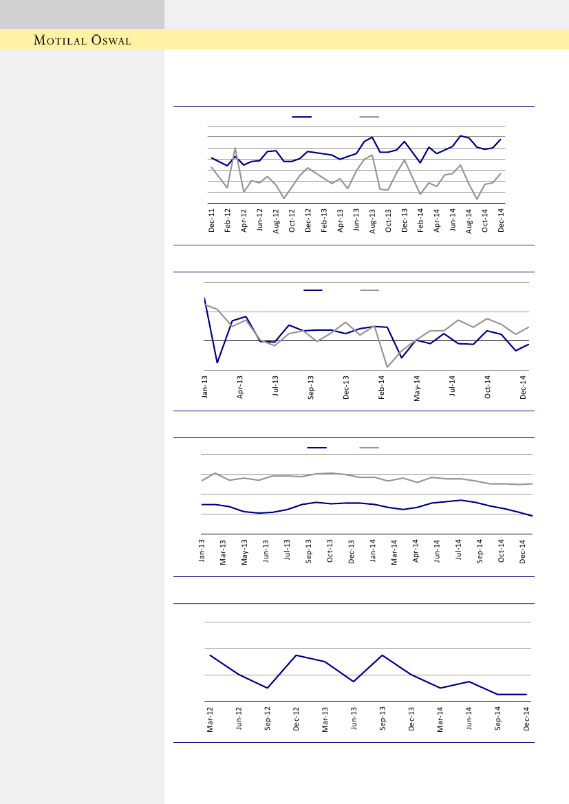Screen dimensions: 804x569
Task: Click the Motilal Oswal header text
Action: (x=83, y=40)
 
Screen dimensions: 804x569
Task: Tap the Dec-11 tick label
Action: (x=212, y=221)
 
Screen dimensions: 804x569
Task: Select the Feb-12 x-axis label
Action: (x=228, y=221)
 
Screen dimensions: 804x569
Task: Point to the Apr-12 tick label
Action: (x=244, y=221)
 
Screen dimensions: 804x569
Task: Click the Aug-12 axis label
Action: (x=276, y=221)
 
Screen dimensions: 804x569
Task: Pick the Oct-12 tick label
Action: (x=292, y=221)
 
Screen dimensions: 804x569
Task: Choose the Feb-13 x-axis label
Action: (x=325, y=221)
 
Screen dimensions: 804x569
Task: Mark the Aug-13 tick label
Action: (x=373, y=221)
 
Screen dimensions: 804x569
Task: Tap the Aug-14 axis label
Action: (x=469, y=221)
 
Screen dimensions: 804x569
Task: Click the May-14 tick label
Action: (x=417, y=387)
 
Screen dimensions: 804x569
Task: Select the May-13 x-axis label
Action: (x=244, y=553)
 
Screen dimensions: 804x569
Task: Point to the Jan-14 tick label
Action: (x=373, y=553)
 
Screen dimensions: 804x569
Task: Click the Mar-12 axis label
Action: (x=211, y=719)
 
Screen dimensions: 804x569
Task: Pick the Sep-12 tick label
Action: (x=268, y=719)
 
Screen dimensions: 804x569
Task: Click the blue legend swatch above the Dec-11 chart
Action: (x=302, y=118)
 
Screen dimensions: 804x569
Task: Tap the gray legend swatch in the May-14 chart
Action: (x=370, y=290)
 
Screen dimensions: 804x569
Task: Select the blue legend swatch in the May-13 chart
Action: (x=316, y=448)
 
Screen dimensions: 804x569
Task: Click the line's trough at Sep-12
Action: (x=268, y=688)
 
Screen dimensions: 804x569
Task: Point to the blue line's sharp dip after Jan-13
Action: (x=217, y=362)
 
